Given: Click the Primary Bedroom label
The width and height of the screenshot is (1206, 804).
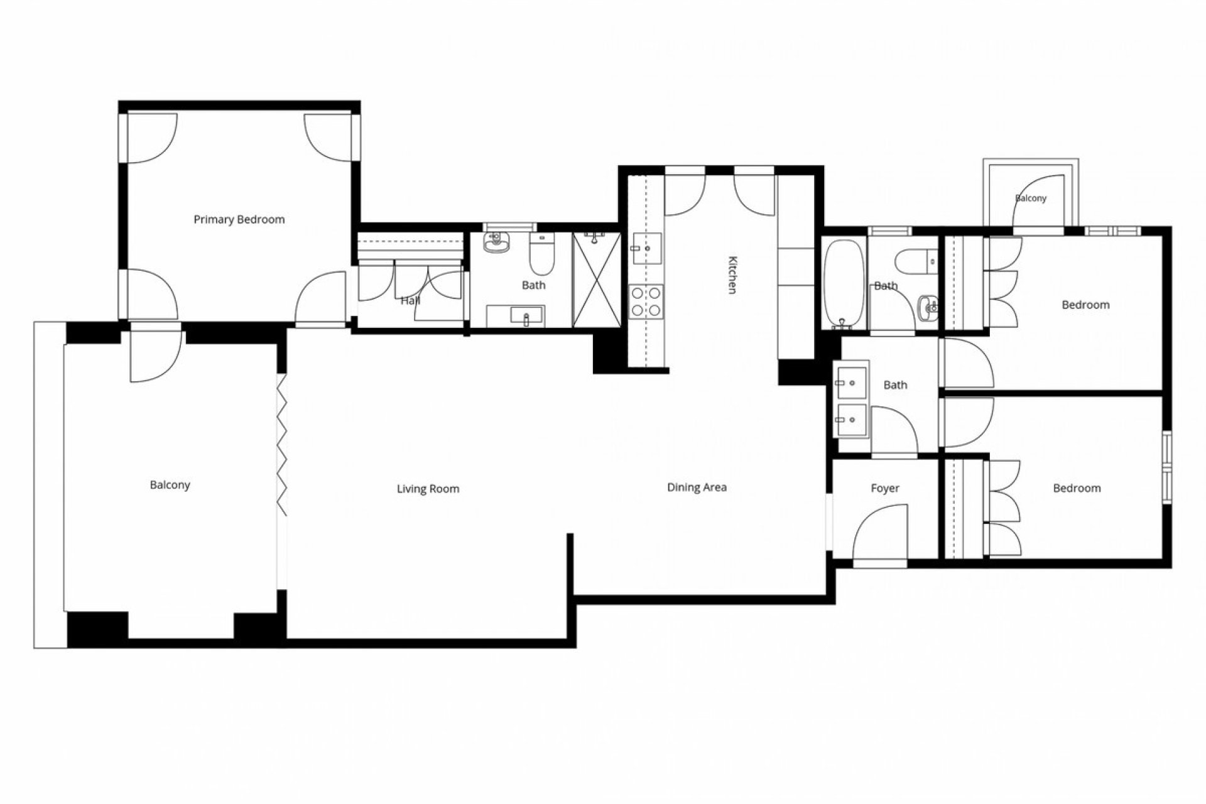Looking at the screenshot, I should [x=239, y=219].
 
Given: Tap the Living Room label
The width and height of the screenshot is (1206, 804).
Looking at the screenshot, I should [x=428, y=489].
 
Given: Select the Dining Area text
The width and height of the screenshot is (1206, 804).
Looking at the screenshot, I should [x=697, y=487].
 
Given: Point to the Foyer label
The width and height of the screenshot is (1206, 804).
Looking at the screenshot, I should [x=884, y=488].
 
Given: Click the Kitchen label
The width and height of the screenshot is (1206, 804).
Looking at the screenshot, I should [x=731, y=274].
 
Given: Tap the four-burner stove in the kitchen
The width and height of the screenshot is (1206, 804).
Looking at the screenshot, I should [x=646, y=301].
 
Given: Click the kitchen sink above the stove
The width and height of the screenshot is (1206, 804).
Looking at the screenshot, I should [x=646, y=248].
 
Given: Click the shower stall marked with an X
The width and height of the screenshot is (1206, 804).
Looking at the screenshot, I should [x=596, y=280].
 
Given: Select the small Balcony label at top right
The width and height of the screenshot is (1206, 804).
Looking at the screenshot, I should [x=1031, y=198].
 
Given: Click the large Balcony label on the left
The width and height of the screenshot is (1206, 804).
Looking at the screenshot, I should [x=170, y=485].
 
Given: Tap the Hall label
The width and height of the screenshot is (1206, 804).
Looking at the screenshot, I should [x=410, y=301].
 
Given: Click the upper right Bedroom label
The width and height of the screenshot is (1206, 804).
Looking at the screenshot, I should [x=1085, y=305].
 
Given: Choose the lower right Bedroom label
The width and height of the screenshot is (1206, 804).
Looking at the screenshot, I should [x=1077, y=488].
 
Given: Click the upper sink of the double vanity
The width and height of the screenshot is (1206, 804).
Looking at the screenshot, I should [x=850, y=382].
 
